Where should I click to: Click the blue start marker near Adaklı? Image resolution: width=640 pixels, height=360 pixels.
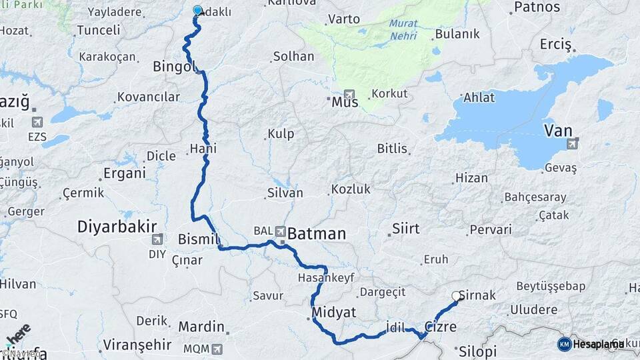tap(197, 11)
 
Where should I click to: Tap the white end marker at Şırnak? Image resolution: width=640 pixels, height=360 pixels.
tap(457, 296)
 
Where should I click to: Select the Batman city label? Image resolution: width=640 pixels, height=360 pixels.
tap(317, 233)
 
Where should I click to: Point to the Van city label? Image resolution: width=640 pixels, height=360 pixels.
tap(558, 130)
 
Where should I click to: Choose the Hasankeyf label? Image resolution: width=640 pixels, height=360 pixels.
tap(326, 277)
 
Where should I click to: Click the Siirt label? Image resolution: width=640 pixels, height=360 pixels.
tap(406, 229)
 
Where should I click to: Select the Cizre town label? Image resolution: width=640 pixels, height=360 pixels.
tap(440, 327)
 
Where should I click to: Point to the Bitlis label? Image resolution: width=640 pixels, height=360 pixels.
tap(392, 148)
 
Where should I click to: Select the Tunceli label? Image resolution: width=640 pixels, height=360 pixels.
tap(99, 30)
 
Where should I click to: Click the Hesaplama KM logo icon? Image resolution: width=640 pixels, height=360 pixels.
tap(564, 344)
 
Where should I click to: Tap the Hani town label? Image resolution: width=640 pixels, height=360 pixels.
tap(203, 148)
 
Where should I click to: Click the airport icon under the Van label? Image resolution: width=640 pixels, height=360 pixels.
tap(572, 143)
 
